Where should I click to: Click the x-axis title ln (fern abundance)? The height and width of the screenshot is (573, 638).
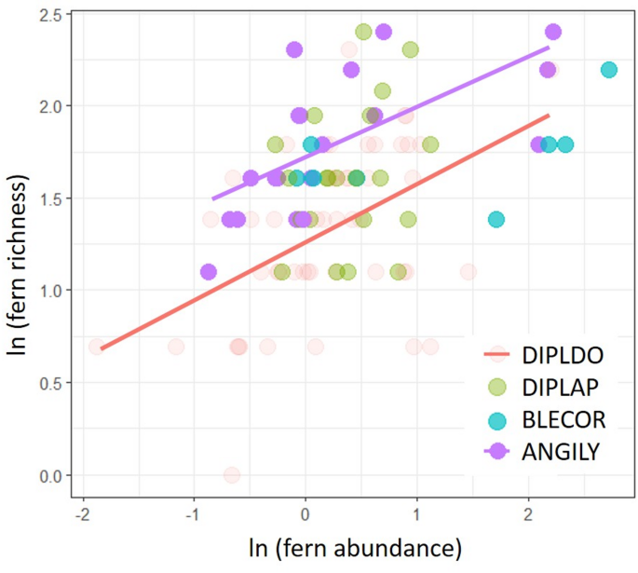point(360,546)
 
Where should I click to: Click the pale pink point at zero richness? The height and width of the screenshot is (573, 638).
point(231,475)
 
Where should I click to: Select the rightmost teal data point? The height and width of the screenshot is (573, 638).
point(609,70)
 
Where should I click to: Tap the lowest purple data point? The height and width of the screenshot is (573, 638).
point(208,272)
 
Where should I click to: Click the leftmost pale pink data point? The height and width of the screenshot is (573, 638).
point(97,347)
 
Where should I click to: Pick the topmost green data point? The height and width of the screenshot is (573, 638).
point(363,32)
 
